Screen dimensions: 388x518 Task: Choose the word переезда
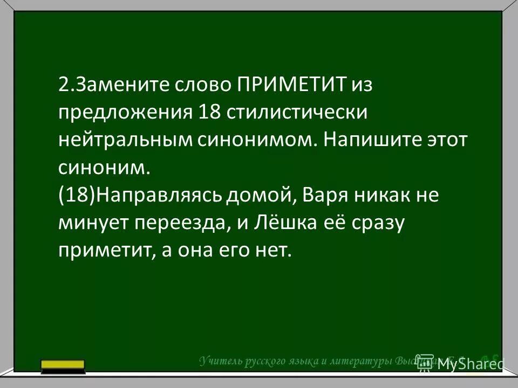click(187, 223)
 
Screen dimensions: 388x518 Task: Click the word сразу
click(376, 223)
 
